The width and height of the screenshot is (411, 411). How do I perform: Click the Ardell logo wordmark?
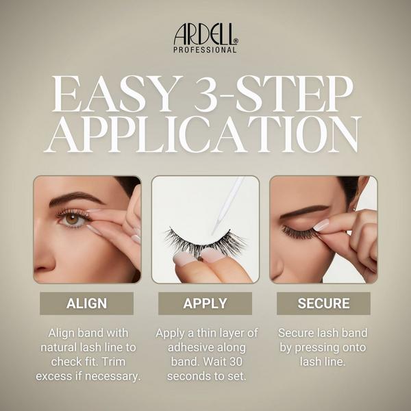pyautogui.click(x=206, y=34)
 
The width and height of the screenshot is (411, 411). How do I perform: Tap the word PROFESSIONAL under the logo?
pyautogui.click(x=205, y=50)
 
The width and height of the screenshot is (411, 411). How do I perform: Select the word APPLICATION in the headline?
pyautogui.click(x=203, y=134)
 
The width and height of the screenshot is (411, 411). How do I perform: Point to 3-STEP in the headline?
pyautogui.click(x=273, y=94)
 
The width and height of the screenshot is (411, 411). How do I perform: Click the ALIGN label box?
pyautogui.click(x=87, y=303)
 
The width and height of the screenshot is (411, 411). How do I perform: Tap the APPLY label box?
pyautogui.click(x=206, y=303)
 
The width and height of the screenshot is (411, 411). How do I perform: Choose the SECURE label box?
pyautogui.click(x=324, y=303)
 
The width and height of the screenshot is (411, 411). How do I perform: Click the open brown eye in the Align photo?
pyautogui.click(x=73, y=219)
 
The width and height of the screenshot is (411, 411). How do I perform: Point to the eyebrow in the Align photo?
pyautogui.click(x=77, y=199)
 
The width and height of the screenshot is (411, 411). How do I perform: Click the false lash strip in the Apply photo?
pyautogui.click(x=206, y=242)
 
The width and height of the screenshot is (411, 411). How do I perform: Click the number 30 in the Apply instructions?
pyautogui.click(x=235, y=362)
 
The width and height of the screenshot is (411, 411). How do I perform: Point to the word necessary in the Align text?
pyautogui.click(x=113, y=376)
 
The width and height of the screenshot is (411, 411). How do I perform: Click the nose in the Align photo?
pyautogui.click(x=44, y=260)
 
